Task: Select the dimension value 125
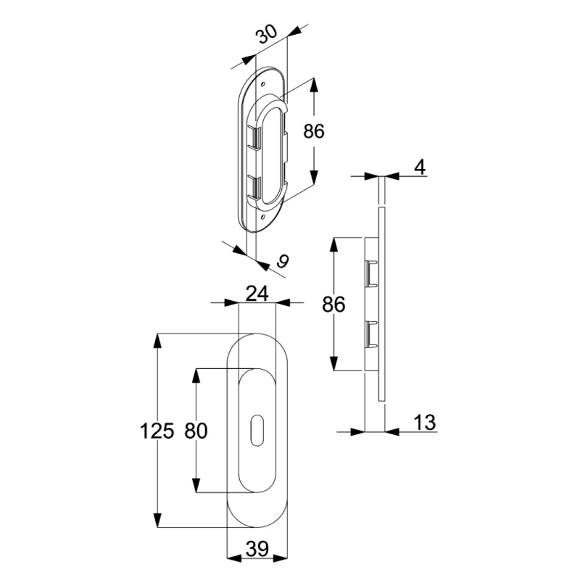pos(157,431)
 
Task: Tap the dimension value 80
pos(196,431)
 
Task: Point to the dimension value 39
pos(257,549)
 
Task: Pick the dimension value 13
pos(425,422)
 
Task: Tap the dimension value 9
pos(283,261)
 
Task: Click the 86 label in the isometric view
pos(314,131)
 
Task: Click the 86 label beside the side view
pos(333,304)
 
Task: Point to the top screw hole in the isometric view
pos(263,85)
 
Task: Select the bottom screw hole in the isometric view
pos(262,217)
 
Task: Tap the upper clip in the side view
pos(370,273)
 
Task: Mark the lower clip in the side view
pos(370,334)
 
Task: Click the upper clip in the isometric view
pos(254,138)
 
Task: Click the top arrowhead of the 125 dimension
pos(157,341)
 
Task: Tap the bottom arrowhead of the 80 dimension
pos(196,485)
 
